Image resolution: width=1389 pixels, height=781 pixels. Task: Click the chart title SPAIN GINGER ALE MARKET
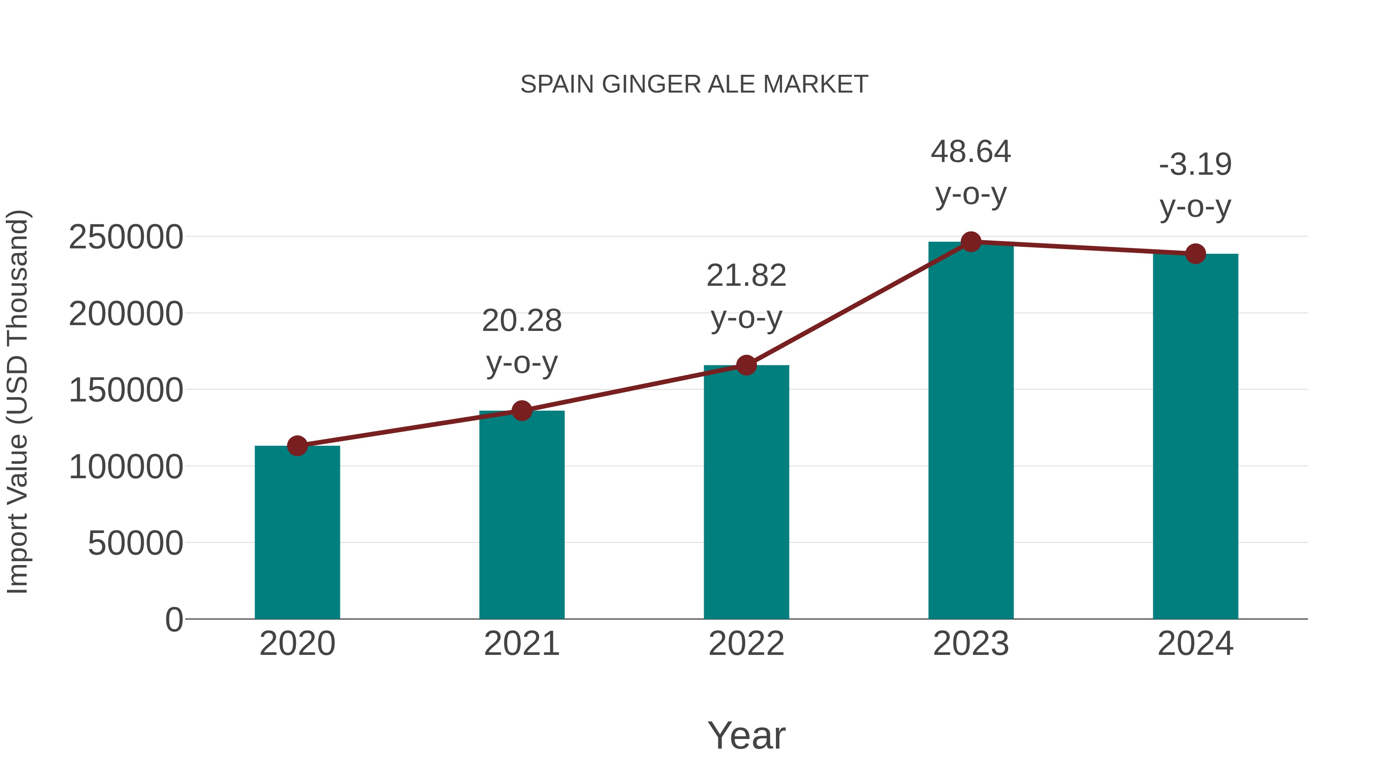click(694, 84)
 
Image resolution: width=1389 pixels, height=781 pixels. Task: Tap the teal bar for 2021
click(521, 515)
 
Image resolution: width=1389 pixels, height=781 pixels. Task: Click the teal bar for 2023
click(971, 431)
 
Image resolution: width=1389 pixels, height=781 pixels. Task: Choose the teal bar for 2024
click(1195, 437)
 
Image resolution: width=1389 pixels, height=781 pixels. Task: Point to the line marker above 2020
click(297, 446)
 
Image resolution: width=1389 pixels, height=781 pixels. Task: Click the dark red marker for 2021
click(521, 411)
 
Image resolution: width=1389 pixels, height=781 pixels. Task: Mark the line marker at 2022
click(746, 366)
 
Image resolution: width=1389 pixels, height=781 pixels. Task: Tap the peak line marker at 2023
click(971, 242)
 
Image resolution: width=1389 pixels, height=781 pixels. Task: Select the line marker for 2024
click(1195, 253)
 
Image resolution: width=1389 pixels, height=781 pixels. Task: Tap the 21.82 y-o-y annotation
click(746, 297)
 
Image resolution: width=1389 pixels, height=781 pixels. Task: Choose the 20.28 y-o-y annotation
click(521, 341)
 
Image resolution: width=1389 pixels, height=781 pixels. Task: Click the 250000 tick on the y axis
click(126, 237)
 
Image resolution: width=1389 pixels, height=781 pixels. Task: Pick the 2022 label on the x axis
click(746, 644)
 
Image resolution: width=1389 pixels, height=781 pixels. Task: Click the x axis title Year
click(746, 735)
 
